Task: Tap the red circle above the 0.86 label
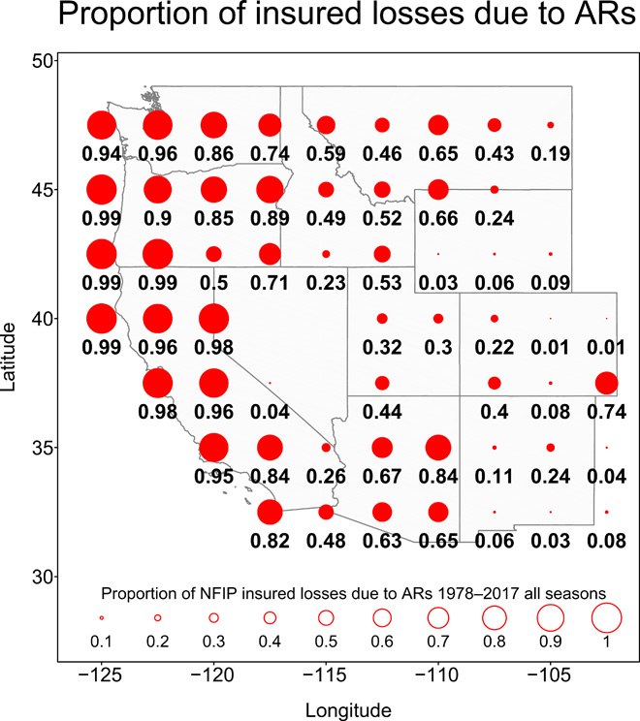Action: (x=214, y=125)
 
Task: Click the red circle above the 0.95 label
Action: (x=214, y=448)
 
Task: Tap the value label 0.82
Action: (x=270, y=540)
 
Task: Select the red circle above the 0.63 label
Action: (x=382, y=512)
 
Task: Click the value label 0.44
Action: (x=382, y=411)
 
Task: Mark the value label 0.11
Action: (x=495, y=476)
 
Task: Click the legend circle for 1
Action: (x=607, y=617)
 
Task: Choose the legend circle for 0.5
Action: (x=326, y=617)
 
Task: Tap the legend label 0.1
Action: (x=101, y=642)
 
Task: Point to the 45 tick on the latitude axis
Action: (x=43, y=190)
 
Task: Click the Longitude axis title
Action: (x=348, y=708)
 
